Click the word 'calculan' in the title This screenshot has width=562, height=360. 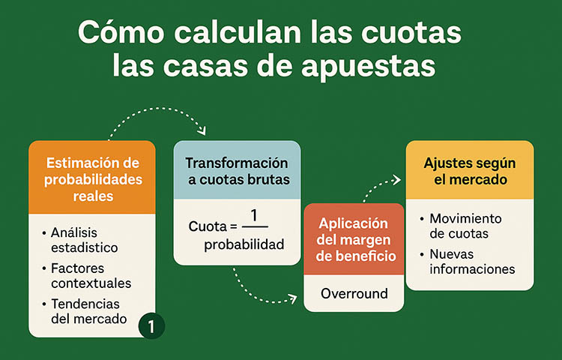pyautogui.click(x=238, y=33)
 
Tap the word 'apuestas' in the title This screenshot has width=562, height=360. pyautogui.click(x=369, y=67)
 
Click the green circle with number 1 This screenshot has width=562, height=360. pyautogui.click(x=151, y=326)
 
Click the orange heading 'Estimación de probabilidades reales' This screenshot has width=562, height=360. pyautogui.click(x=93, y=179)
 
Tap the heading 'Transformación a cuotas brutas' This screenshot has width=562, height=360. pyautogui.click(x=237, y=171)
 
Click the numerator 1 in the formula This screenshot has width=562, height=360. pyautogui.click(x=254, y=216)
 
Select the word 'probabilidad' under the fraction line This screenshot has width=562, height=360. pyautogui.click(x=244, y=244)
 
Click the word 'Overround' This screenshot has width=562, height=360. pyautogui.click(x=354, y=294)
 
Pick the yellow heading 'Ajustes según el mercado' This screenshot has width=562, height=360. pyautogui.click(x=470, y=171)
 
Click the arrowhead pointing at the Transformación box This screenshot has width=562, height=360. pyautogui.click(x=202, y=131)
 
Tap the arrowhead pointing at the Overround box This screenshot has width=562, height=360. pyautogui.click(x=293, y=298)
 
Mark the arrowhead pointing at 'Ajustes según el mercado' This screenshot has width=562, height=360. pyautogui.click(x=396, y=180)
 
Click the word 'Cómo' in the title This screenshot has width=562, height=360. pyautogui.click(x=121, y=33)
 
